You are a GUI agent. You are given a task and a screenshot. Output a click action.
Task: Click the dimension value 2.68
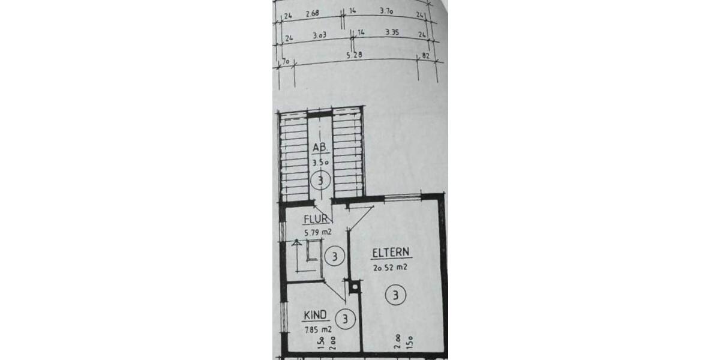(311, 13)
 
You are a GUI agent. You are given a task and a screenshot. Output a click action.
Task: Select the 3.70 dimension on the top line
(387, 11)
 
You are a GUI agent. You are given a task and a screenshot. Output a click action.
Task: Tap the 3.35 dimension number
(392, 32)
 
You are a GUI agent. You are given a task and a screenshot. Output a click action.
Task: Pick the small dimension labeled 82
(427, 56)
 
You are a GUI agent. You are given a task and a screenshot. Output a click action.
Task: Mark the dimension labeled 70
(286, 61)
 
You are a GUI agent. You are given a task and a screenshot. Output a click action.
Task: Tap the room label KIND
(315, 314)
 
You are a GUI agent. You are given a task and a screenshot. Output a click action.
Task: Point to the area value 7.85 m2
(317, 328)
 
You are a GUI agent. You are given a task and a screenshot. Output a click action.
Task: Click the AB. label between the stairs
(319, 148)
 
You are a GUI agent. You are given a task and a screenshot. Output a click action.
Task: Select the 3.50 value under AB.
(319, 162)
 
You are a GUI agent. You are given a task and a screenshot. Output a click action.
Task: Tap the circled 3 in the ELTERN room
(395, 295)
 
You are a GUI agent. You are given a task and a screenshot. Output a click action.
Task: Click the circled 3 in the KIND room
(346, 319)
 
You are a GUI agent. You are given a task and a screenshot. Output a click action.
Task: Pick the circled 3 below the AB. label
(321, 179)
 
